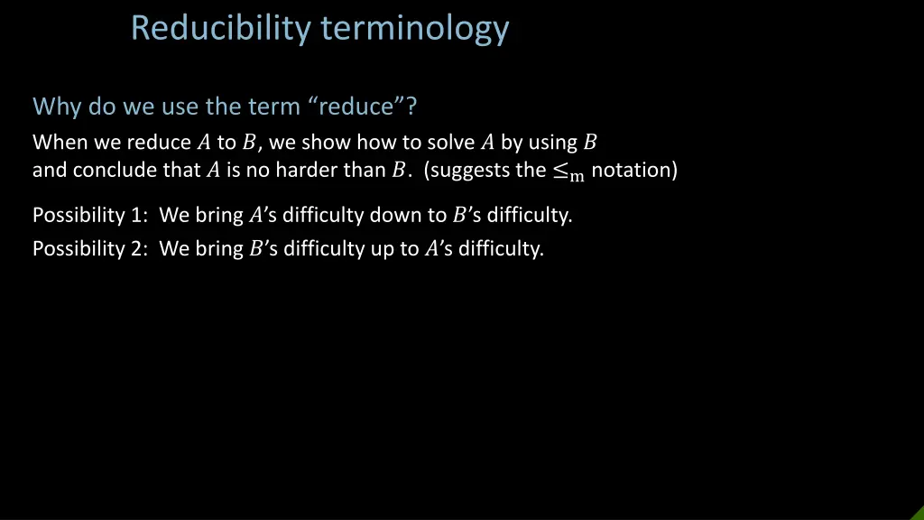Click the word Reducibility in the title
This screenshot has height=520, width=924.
222,29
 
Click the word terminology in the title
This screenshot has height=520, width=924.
415,29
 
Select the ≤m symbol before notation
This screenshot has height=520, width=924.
568,172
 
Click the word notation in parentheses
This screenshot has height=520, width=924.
633,170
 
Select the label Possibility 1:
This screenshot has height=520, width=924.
91,216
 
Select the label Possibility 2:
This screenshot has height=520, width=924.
91,249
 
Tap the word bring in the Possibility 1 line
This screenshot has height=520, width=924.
219,216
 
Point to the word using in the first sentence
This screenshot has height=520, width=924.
552,142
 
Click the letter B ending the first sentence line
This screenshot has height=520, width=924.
590,142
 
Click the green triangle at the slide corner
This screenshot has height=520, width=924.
917,513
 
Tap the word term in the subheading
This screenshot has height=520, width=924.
273,107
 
